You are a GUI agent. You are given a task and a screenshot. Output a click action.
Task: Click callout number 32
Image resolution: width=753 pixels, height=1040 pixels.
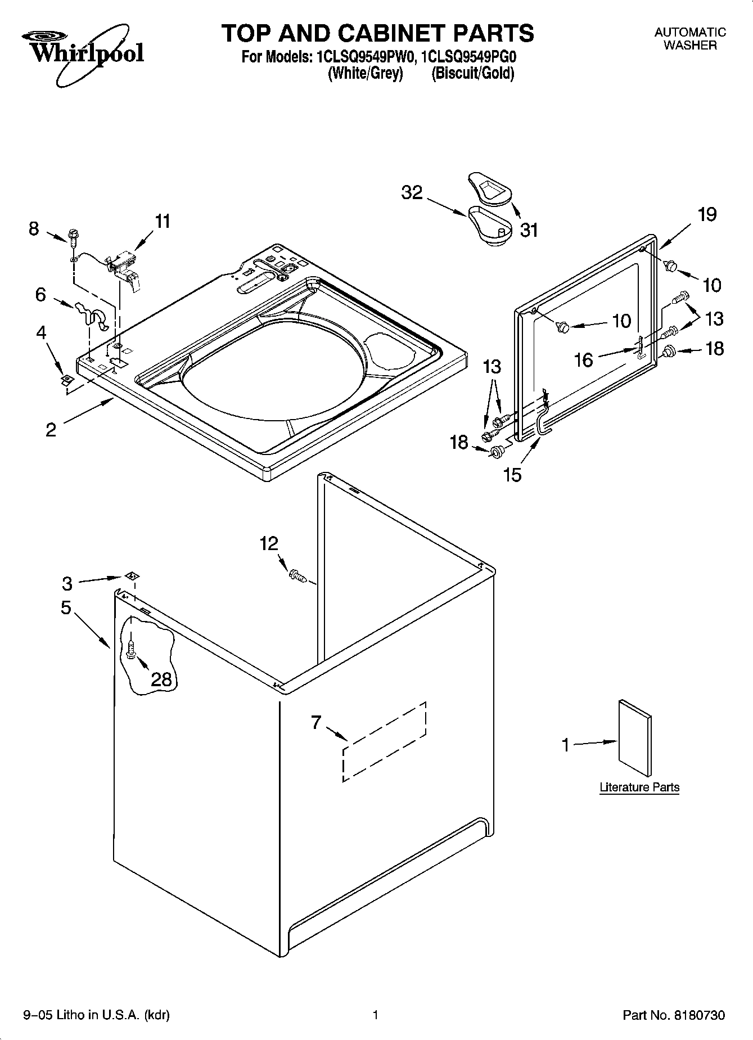[412, 193]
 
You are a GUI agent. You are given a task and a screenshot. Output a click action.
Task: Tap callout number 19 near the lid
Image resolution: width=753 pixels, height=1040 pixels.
[707, 214]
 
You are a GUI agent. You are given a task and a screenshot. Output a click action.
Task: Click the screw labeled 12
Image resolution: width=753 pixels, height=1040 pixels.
[296, 575]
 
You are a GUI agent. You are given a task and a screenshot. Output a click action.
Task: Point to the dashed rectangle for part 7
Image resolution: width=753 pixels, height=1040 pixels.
[384, 741]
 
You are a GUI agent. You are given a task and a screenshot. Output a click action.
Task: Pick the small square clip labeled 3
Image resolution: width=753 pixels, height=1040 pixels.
[132, 575]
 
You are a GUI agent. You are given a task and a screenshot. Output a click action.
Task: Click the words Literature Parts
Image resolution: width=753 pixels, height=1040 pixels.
[639, 787]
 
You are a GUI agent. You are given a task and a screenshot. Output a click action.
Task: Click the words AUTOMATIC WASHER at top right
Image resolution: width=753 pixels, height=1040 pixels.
[690, 39]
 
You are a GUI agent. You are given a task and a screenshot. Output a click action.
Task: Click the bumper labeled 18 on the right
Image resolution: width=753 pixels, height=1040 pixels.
[668, 352]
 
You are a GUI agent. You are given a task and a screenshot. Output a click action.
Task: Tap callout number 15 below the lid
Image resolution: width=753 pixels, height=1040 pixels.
[512, 475]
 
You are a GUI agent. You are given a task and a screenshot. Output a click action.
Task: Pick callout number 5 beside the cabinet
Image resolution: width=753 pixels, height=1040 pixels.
[66, 608]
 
